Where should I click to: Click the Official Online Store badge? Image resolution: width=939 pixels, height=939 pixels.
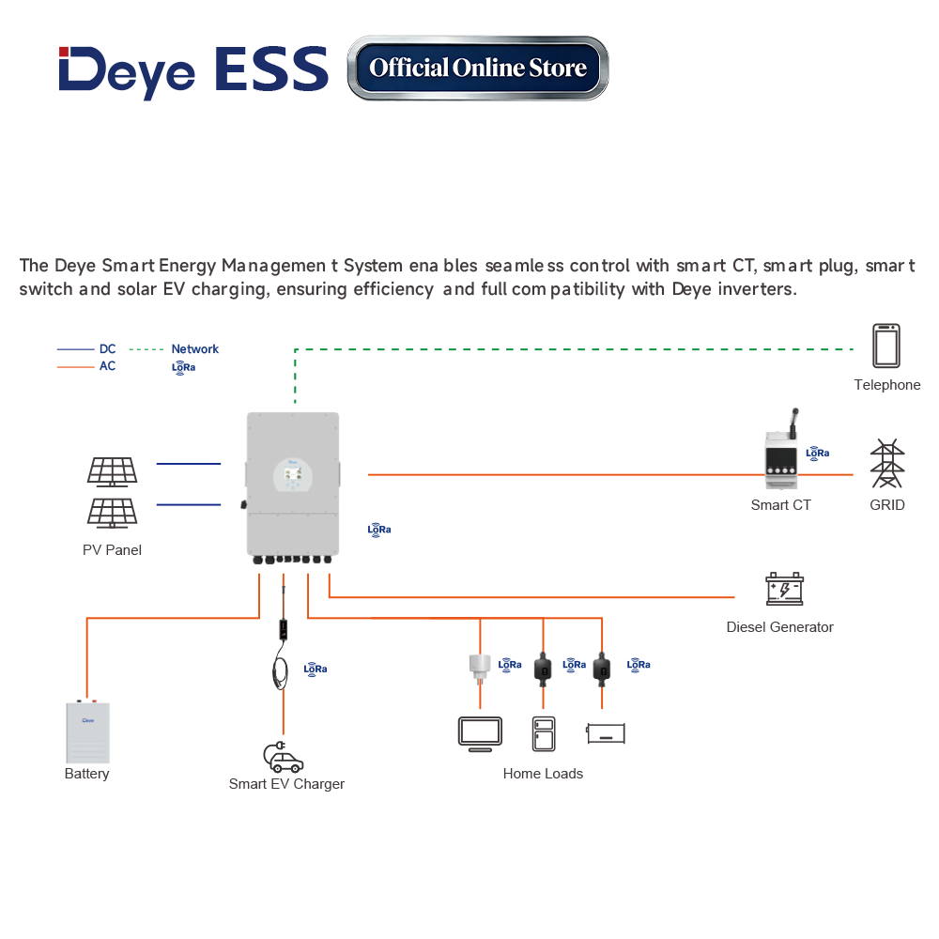tap(478, 68)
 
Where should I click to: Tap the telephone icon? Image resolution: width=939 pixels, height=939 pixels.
tap(885, 346)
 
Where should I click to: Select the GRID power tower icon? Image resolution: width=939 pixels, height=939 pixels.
tap(886, 463)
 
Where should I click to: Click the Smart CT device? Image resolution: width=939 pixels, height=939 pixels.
tap(781, 458)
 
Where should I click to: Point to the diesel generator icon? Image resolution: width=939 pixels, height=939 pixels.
tap(784, 589)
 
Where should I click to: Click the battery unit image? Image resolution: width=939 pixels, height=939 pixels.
tap(87, 732)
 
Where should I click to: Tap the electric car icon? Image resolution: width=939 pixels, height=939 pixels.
tap(283, 756)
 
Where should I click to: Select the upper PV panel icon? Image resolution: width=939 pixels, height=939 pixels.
tap(113, 470)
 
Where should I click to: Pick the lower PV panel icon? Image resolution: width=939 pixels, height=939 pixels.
tap(113, 512)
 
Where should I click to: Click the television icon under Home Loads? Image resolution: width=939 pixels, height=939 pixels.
tap(480, 733)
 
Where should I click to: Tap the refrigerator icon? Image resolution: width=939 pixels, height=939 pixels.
tap(544, 733)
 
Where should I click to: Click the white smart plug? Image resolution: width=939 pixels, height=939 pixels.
tap(480, 668)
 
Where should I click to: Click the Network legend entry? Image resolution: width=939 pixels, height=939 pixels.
tap(194, 349)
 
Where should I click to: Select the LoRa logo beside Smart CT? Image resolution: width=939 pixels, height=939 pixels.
tap(818, 453)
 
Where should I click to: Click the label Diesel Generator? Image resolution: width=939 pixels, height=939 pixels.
tap(779, 627)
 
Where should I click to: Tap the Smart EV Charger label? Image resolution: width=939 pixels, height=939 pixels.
tap(286, 784)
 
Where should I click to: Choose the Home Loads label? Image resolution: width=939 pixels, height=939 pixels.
tap(543, 774)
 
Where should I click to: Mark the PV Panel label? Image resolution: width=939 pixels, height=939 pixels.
tap(112, 550)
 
